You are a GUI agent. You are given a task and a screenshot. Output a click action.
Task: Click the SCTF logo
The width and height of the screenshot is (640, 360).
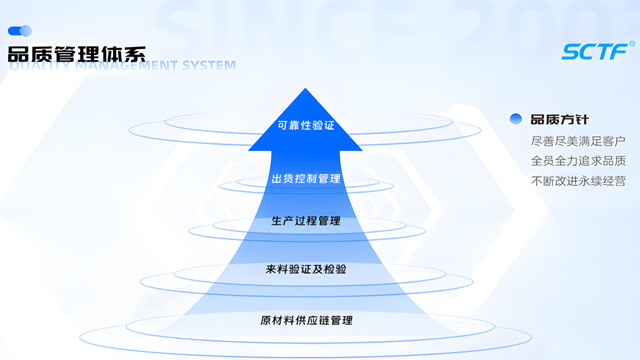click(x=595, y=51)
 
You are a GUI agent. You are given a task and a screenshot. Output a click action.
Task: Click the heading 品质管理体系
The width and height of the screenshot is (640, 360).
click(x=75, y=52)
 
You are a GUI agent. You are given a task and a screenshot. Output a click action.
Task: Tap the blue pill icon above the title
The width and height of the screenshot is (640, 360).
click(x=20, y=31)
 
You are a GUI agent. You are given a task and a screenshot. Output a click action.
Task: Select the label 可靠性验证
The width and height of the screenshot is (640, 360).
click(x=306, y=126)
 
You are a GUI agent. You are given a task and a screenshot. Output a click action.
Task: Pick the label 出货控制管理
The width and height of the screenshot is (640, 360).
click(x=306, y=179)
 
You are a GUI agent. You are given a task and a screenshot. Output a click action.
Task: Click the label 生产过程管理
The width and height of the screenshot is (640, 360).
click(x=306, y=221)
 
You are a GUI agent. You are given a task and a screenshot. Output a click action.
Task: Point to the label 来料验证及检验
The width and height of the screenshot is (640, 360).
click(x=306, y=269)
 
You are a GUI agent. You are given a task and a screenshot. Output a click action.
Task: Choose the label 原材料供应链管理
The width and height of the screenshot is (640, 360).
click(x=306, y=320)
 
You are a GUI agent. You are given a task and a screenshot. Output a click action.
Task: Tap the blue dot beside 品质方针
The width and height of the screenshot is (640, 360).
click(x=516, y=119)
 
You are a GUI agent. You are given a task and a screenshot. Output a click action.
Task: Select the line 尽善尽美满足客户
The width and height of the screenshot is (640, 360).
click(x=578, y=141)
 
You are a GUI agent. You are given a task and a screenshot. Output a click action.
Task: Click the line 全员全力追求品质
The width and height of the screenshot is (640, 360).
click(x=578, y=161)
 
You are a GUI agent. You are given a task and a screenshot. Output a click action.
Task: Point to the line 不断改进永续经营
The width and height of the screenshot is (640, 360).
click(x=578, y=181)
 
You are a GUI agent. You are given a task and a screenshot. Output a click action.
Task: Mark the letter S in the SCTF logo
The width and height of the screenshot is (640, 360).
click(x=570, y=51)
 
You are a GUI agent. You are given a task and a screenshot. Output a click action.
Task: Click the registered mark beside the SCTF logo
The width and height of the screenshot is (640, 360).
click(x=632, y=43)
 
